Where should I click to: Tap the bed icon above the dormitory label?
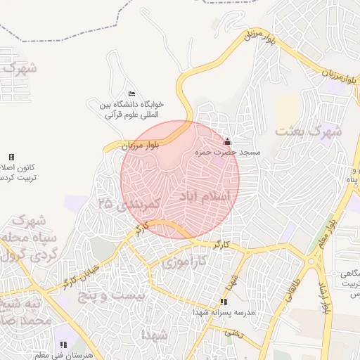[131, 94]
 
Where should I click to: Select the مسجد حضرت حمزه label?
[230, 152]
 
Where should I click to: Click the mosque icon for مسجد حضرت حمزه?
[226, 141]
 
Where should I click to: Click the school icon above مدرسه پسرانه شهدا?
[224, 302]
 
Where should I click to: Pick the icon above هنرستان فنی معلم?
[63, 345]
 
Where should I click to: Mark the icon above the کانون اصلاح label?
[11, 157]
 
